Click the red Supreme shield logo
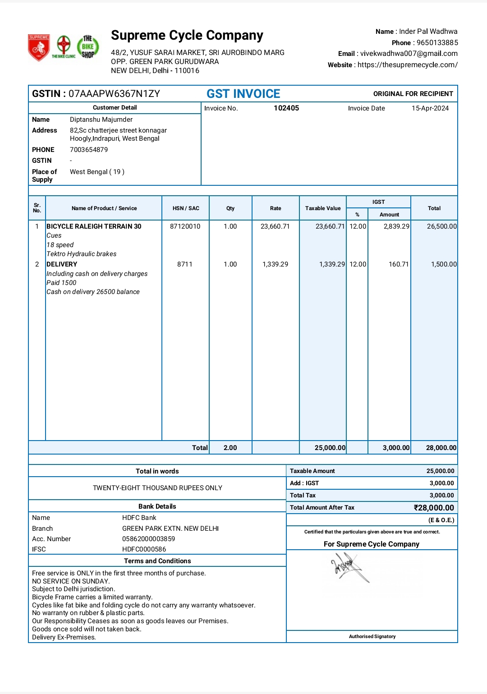point(39,47)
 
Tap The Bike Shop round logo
point(88,46)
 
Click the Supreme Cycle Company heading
point(187,35)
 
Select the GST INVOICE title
point(243,94)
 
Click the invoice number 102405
point(286,108)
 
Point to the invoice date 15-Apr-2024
point(430,108)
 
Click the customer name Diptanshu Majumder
point(101,119)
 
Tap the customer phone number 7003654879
point(89,150)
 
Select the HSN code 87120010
point(185,226)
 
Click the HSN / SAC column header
point(186,208)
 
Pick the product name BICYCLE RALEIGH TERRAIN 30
point(94,226)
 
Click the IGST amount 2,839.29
point(396,226)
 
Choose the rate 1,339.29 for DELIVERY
point(275,264)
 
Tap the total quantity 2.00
point(230,448)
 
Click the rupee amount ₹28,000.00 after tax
point(434,508)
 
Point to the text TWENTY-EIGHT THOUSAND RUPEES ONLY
point(157,488)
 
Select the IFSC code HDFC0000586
point(144,549)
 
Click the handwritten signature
point(349,567)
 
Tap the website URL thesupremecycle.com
point(407,65)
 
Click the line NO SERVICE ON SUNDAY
point(71,581)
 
